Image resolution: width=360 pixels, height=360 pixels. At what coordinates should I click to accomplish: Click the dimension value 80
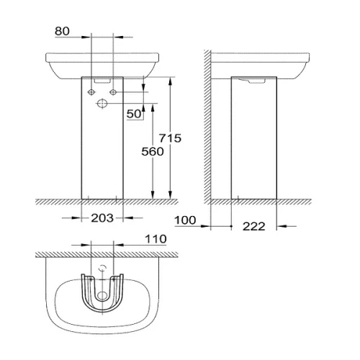coord(62,31)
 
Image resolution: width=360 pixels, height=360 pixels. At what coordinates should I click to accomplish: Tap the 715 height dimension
coord(170,138)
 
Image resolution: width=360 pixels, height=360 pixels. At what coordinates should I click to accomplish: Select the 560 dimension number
coord(153,152)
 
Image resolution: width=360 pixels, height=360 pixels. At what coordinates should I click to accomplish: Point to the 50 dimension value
coord(134,114)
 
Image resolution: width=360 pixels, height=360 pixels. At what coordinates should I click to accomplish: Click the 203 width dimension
coord(102,218)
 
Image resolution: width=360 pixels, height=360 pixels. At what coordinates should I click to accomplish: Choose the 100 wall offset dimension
coord(185,220)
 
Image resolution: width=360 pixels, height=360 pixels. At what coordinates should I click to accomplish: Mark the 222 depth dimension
coord(253,226)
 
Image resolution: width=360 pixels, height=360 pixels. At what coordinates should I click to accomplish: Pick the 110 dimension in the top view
coord(156,239)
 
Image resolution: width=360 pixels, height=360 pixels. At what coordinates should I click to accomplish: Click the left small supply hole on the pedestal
coord(91,92)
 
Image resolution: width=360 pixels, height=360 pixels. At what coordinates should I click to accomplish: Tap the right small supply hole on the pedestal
coord(113,92)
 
